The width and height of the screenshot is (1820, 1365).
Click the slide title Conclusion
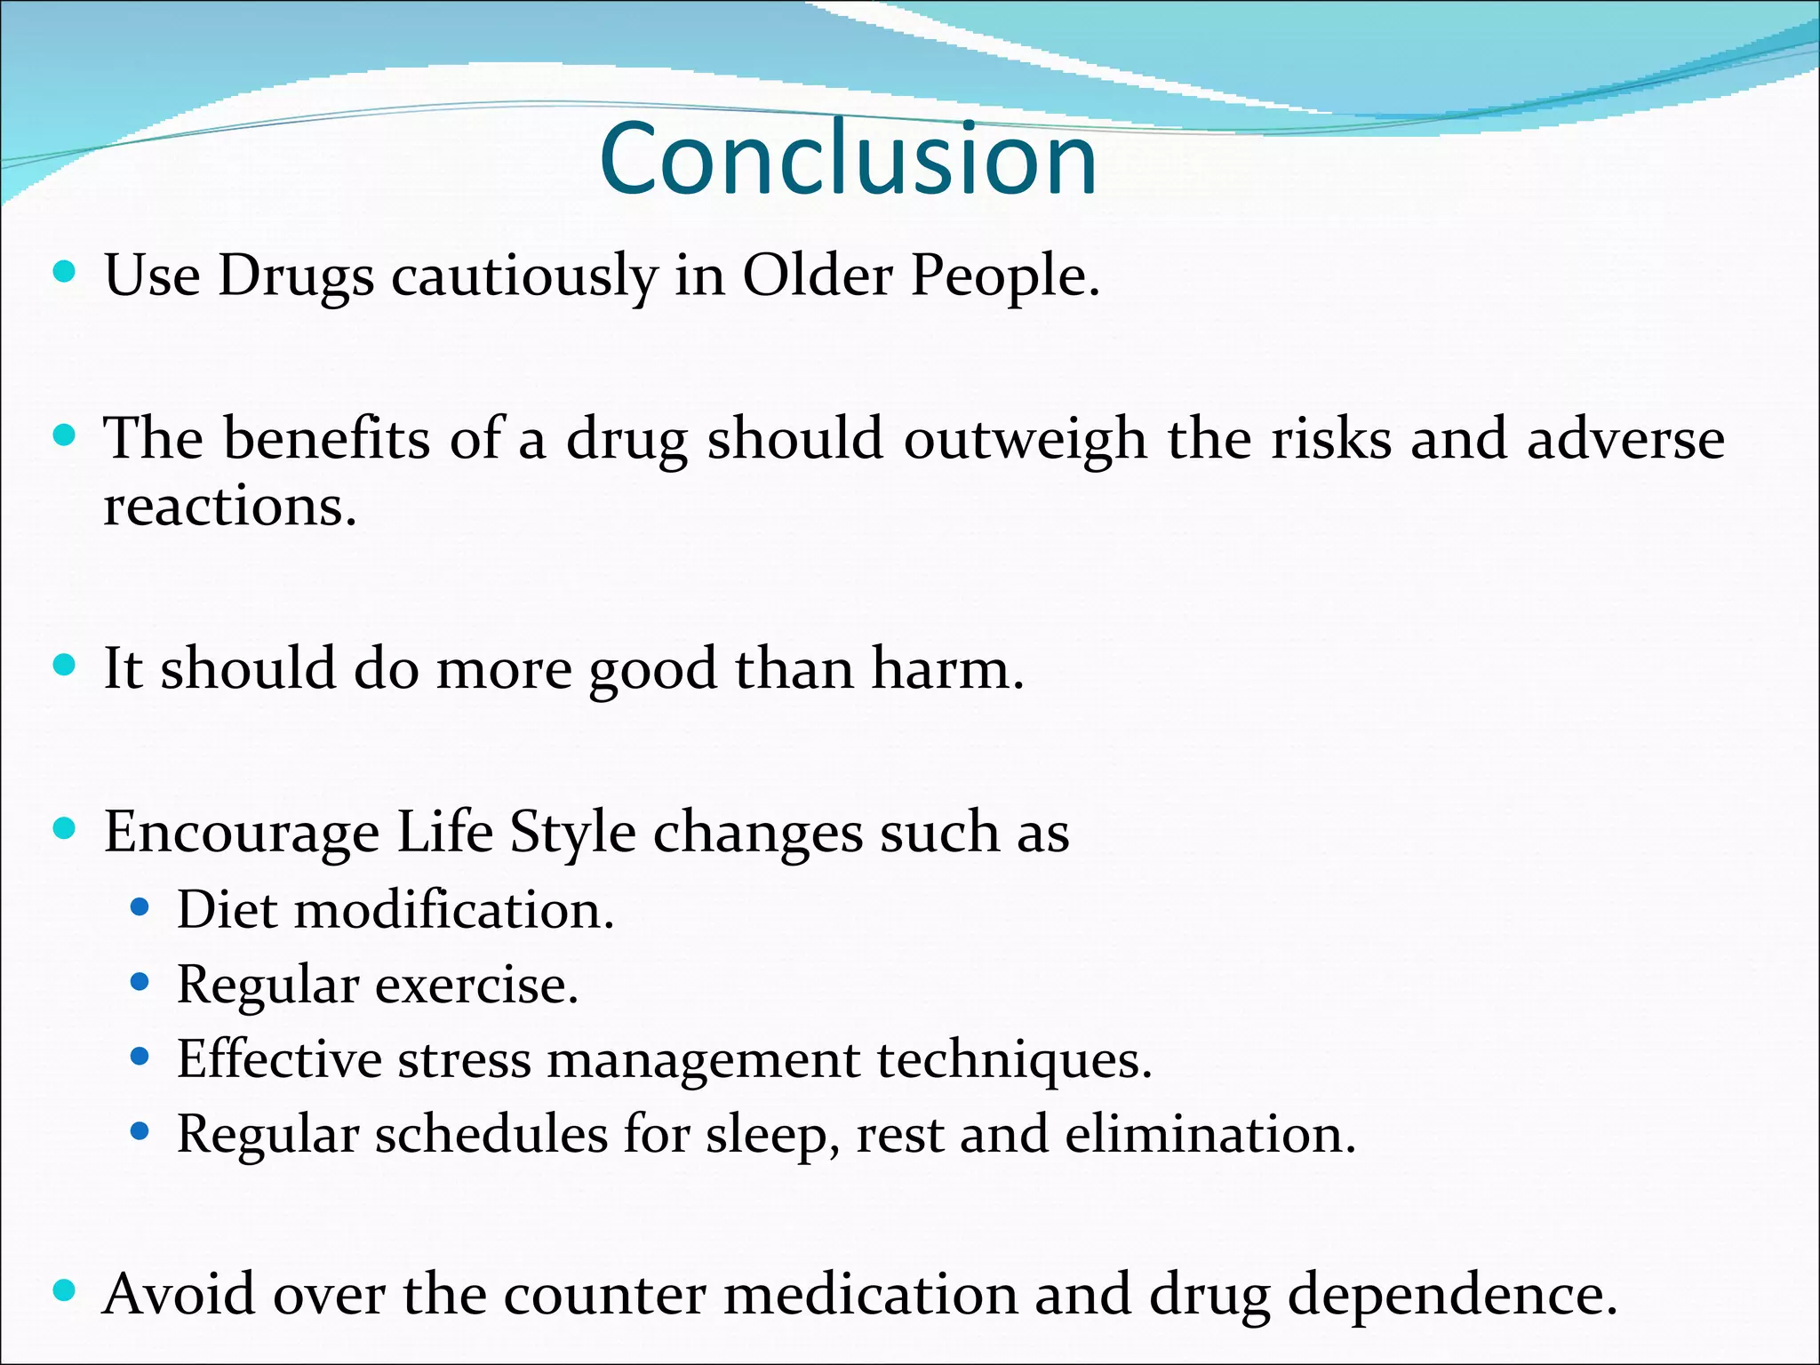point(849,160)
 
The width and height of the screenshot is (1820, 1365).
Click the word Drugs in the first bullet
point(296,277)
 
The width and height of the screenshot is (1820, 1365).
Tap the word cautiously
point(524,277)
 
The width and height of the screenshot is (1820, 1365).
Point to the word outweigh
point(1025,440)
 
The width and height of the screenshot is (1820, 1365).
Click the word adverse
point(1625,439)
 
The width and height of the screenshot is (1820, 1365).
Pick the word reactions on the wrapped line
point(229,508)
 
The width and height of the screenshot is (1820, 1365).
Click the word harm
point(946,669)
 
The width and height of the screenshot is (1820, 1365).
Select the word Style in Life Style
point(572,834)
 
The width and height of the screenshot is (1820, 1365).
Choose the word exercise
point(476,986)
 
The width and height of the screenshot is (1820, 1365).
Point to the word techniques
point(1014,1061)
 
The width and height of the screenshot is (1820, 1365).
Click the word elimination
point(1209,1136)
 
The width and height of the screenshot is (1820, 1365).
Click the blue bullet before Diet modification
point(140,908)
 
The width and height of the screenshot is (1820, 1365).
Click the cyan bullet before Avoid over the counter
point(64,1290)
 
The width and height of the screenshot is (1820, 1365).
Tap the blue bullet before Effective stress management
point(140,1058)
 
